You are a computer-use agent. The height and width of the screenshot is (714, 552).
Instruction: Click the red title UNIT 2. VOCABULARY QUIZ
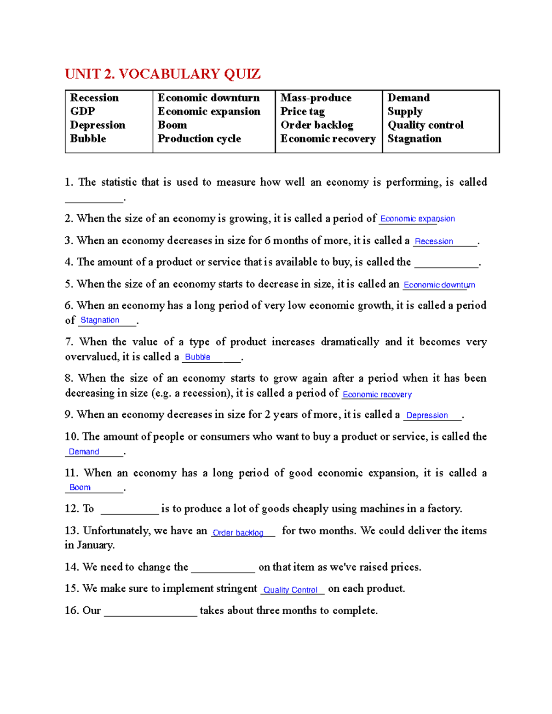point(162,74)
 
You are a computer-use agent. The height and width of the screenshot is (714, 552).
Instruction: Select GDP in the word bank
point(82,111)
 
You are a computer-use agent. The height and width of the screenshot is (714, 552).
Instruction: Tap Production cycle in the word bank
point(199,139)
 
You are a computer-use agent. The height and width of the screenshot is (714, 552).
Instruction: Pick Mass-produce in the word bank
point(316,98)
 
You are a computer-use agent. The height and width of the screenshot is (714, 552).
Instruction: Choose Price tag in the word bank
point(302,112)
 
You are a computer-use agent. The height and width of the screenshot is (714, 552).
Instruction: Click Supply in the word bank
point(405,112)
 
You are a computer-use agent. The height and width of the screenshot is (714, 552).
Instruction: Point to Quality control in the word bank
point(425,125)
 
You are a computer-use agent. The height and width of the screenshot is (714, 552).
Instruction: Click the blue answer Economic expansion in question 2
point(417,219)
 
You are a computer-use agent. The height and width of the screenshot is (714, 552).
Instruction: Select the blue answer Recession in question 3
point(434,241)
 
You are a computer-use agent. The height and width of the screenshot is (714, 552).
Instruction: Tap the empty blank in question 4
point(446,263)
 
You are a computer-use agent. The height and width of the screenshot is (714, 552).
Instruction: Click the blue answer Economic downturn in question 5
point(439,285)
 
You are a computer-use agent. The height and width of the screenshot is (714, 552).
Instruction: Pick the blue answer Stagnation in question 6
point(100,320)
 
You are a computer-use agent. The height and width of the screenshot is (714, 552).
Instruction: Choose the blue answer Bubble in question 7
point(197,357)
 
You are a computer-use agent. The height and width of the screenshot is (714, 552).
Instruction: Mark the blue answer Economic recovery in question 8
point(377,394)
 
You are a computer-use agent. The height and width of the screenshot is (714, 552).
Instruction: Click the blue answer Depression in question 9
point(427,415)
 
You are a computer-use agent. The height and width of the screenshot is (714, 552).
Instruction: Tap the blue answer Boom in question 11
point(80,487)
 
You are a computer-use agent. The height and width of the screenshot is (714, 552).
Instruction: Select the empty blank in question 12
point(129,509)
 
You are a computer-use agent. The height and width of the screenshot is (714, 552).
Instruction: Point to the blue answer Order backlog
point(238,533)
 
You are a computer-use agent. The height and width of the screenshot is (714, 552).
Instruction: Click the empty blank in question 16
point(150,611)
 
